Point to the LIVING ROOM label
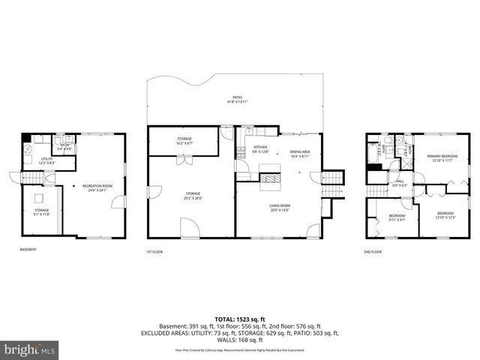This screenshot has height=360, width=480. [x=280, y=207]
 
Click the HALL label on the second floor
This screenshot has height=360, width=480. [x=400, y=182]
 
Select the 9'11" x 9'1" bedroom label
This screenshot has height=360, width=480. [x=397, y=218]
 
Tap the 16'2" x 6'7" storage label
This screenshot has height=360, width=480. [x=184, y=140]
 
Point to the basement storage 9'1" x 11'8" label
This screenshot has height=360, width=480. [x=40, y=212]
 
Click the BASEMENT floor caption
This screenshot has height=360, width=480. [x=28, y=250]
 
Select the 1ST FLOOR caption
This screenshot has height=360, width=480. [x=154, y=251]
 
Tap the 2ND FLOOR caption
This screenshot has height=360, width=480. [x=372, y=251]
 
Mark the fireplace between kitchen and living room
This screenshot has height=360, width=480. [x=270, y=178]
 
